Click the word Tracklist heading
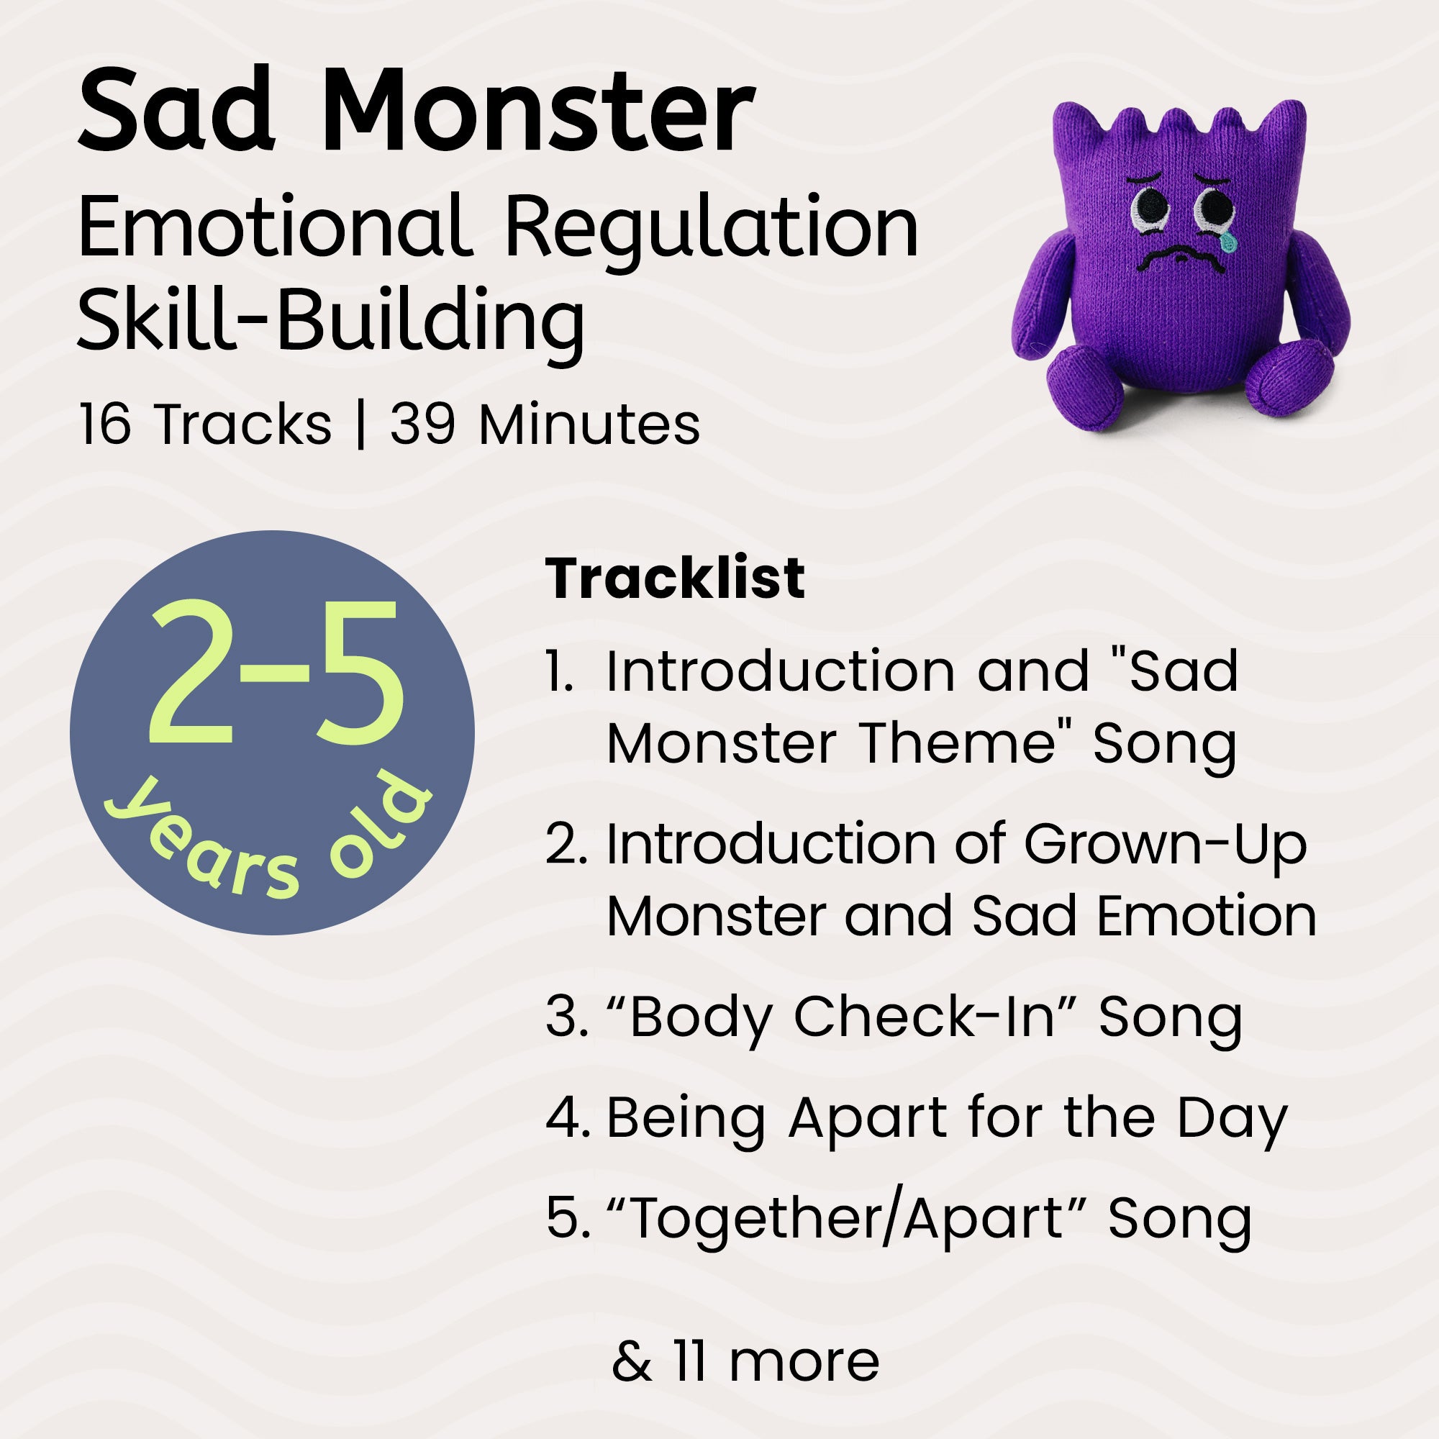tap(675, 578)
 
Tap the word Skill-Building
tap(331, 320)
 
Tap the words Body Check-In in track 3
tap(842, 1017)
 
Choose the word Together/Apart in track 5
tap(845, 1220)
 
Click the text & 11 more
tap(745, 1361)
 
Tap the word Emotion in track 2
tap(1207, 916)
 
